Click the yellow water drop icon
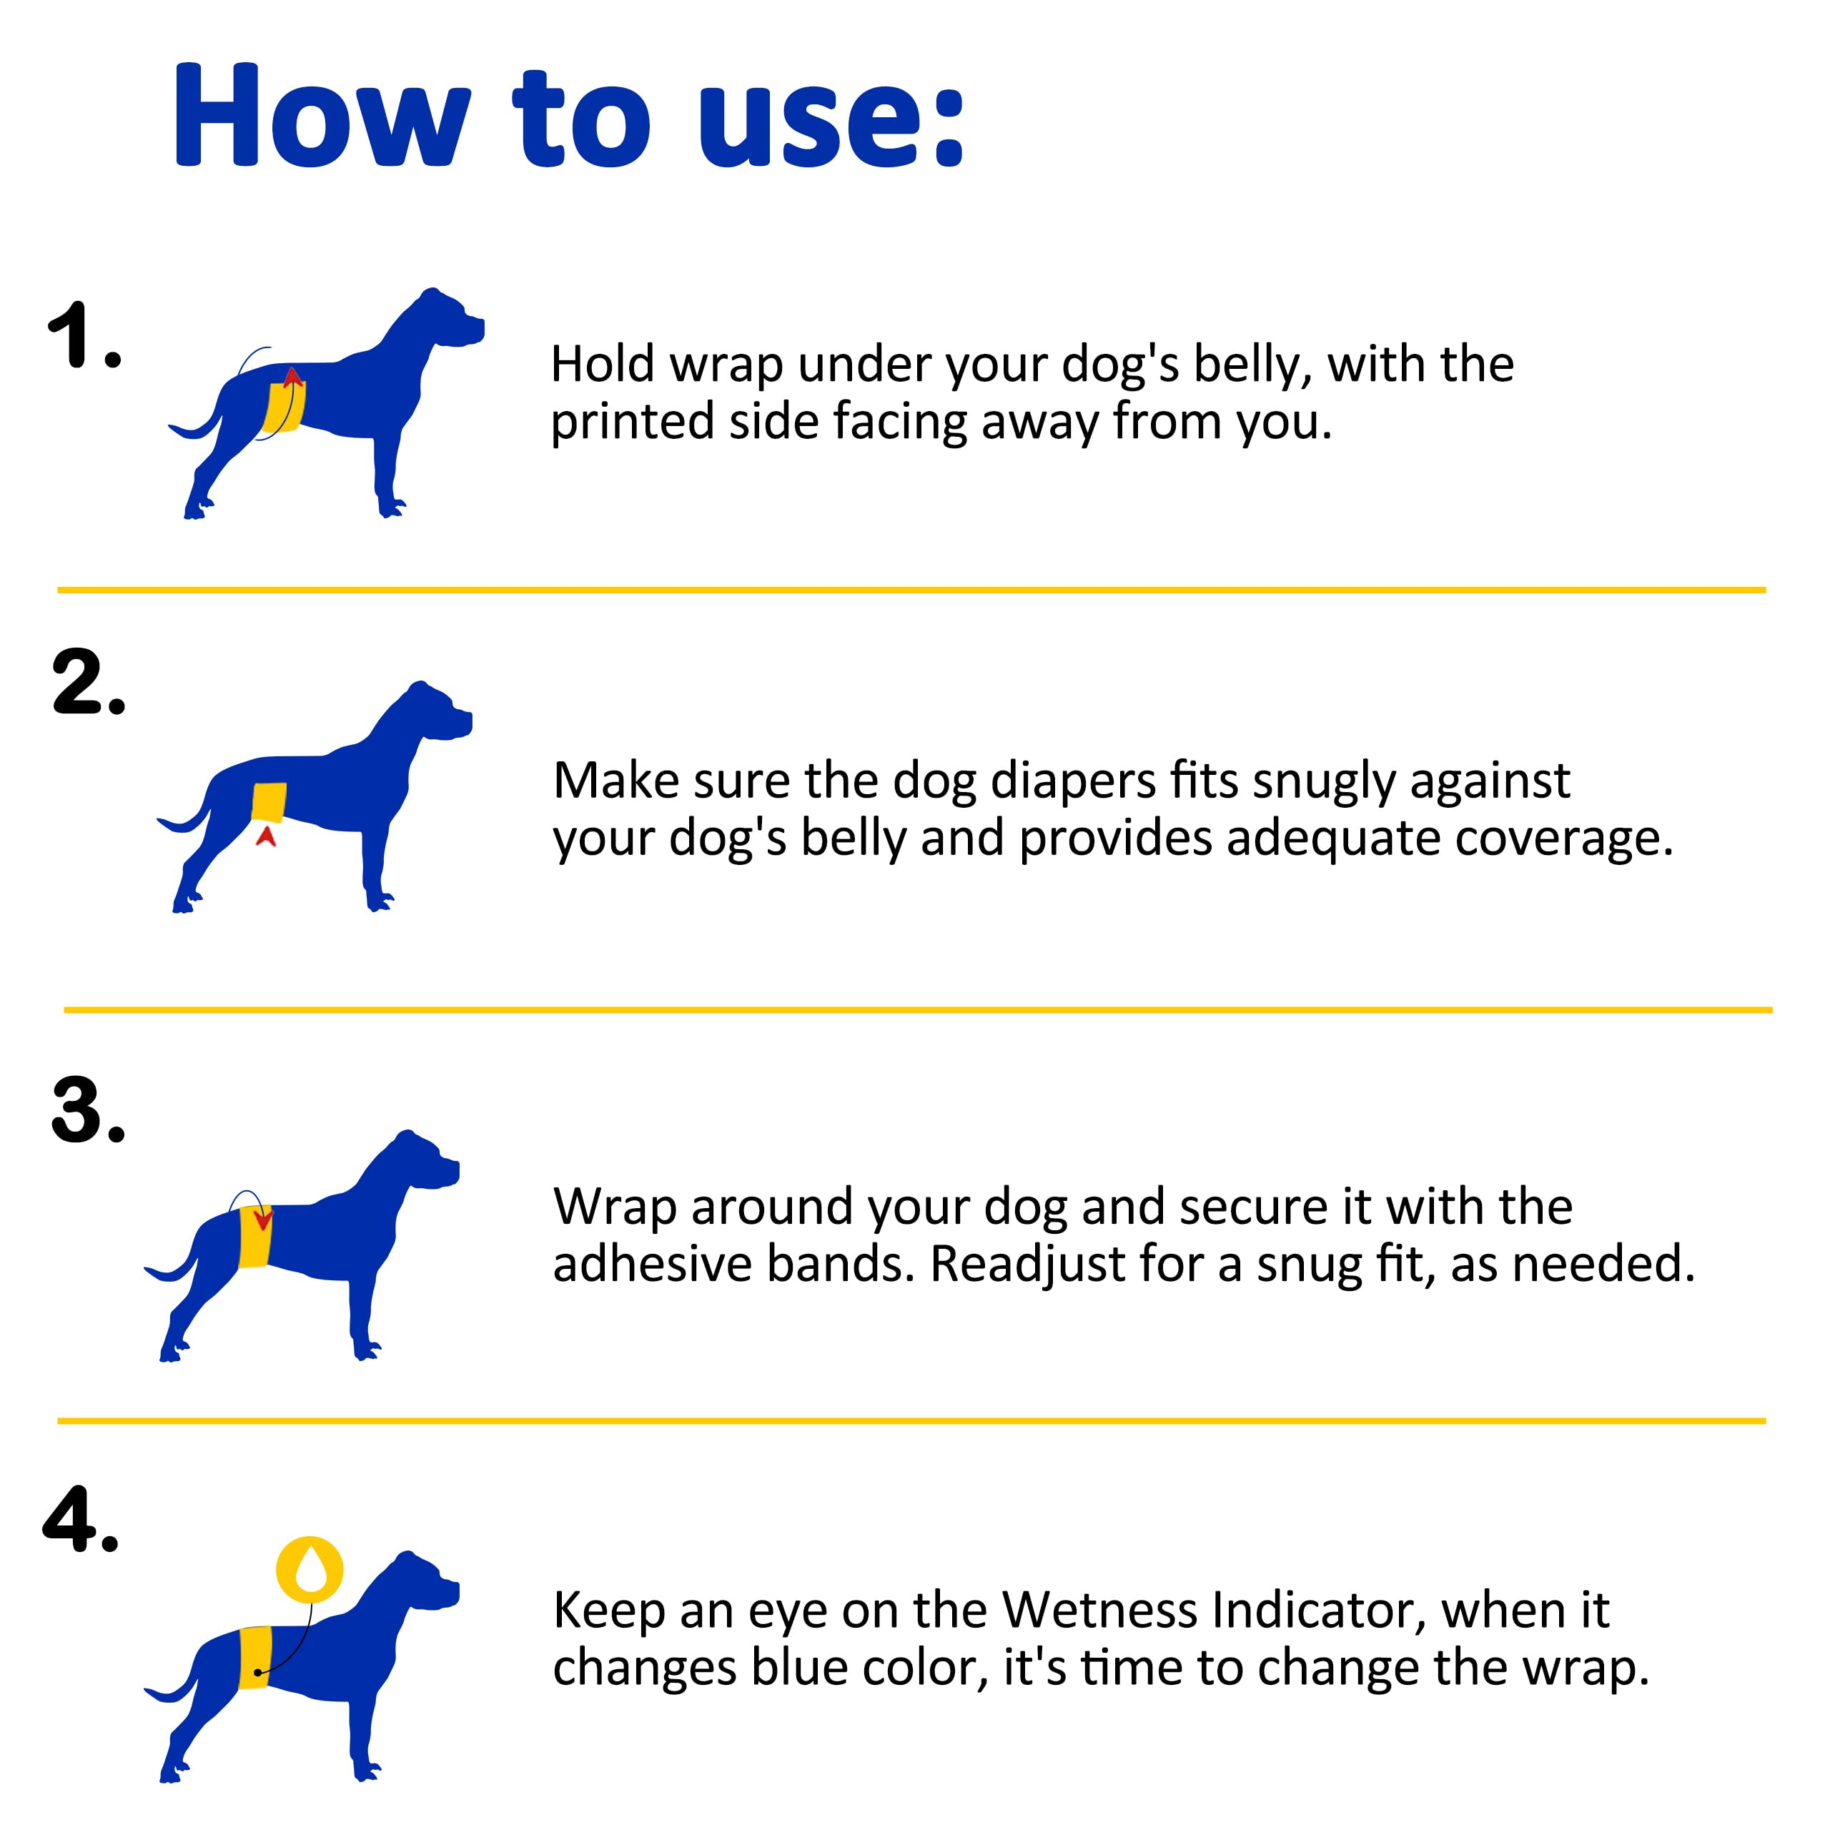click(310, 1570)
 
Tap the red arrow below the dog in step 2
click(266, 836)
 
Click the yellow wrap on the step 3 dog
click(254, 1236)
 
